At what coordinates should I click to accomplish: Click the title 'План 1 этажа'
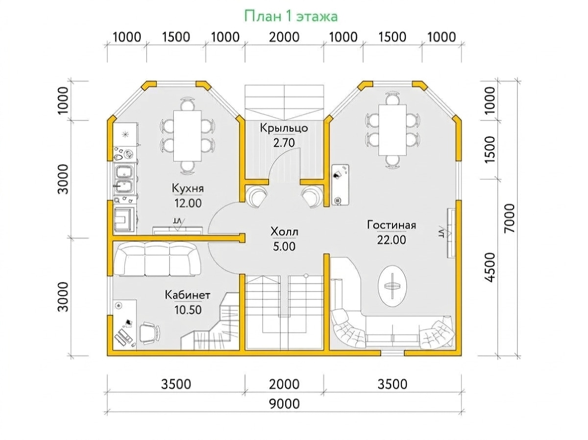pyautogui.click(x=291, y=16)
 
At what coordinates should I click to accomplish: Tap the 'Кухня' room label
pyautogui.click(x=188, y=188)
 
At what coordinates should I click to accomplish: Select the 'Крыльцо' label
pyautogui.click(x=284, y=128)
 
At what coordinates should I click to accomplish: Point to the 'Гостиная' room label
pyautogui.click(x=392, y=225)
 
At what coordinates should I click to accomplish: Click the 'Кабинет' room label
pyautogui.click(x=188, y=295)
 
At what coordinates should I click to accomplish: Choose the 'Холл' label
pyautogui.click(x=284, y=232)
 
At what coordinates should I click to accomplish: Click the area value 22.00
pyautogui.click(x=392, y=240)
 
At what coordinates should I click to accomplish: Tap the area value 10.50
pyautogui.click(x=188, y=310)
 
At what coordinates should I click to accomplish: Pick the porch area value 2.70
pyautogui.click(x=284, y=143)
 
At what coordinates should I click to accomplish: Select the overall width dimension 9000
pyautogui.click(x=284, y=404)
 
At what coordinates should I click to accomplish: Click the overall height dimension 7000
pyautogui.click(x=510, y=218)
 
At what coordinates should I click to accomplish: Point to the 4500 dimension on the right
pyautogui.click(x=490, y=268)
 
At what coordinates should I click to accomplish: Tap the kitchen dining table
pyautogui.click(x=187, y=136)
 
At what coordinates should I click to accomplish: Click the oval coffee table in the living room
pyautogui.click(x=392, y=286)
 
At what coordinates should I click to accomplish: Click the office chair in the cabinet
pyautogui.click(x=149, y=333)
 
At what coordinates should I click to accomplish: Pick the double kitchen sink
pyautogui.click(x=124, y=179)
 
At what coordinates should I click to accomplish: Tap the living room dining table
pyautogui.click(x=392, y=130)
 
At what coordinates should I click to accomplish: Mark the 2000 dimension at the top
pyautogui.click(x=284, y=37)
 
